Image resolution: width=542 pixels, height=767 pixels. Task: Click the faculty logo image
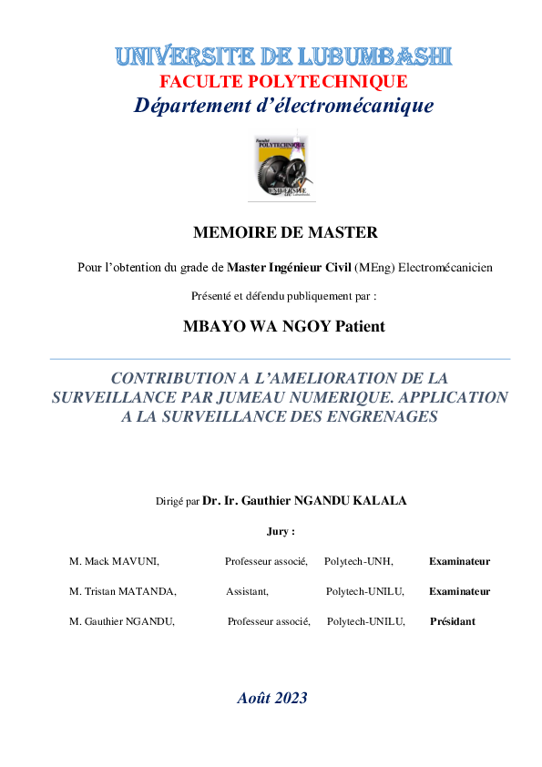pyautogui.click(x=281, y=167)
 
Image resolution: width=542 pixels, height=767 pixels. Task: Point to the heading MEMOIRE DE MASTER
pyautogui.click(x=285, y=232)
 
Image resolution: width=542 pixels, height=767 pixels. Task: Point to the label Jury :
pyautogui.click(x=281, y=531)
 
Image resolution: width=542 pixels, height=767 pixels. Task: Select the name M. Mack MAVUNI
pyautogui.click(x=115, y=561)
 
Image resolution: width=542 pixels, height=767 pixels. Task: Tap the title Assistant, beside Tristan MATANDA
pyautogui.click(x=247, y=591)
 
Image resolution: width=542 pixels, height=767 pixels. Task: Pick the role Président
pyautogui.click(x=452, y=621)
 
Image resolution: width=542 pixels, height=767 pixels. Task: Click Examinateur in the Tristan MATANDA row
pyautogui.click(x=459, y=591)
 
